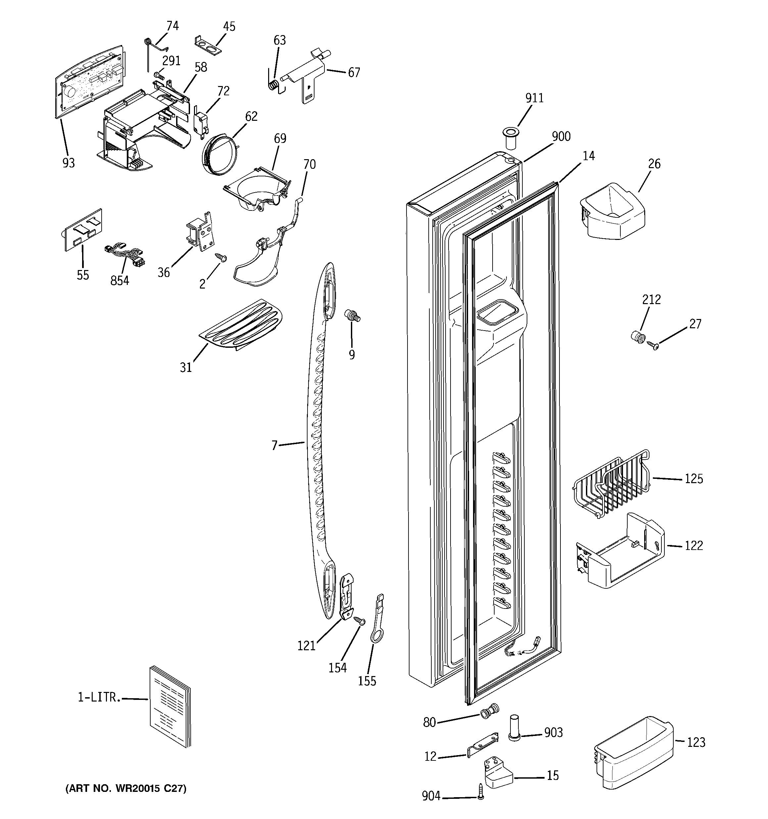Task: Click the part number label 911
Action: point(534,98)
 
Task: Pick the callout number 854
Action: point(120,281)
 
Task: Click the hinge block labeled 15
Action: point(498,775)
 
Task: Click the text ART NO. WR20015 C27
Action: point(126,789)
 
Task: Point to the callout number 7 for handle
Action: point(274,445)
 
